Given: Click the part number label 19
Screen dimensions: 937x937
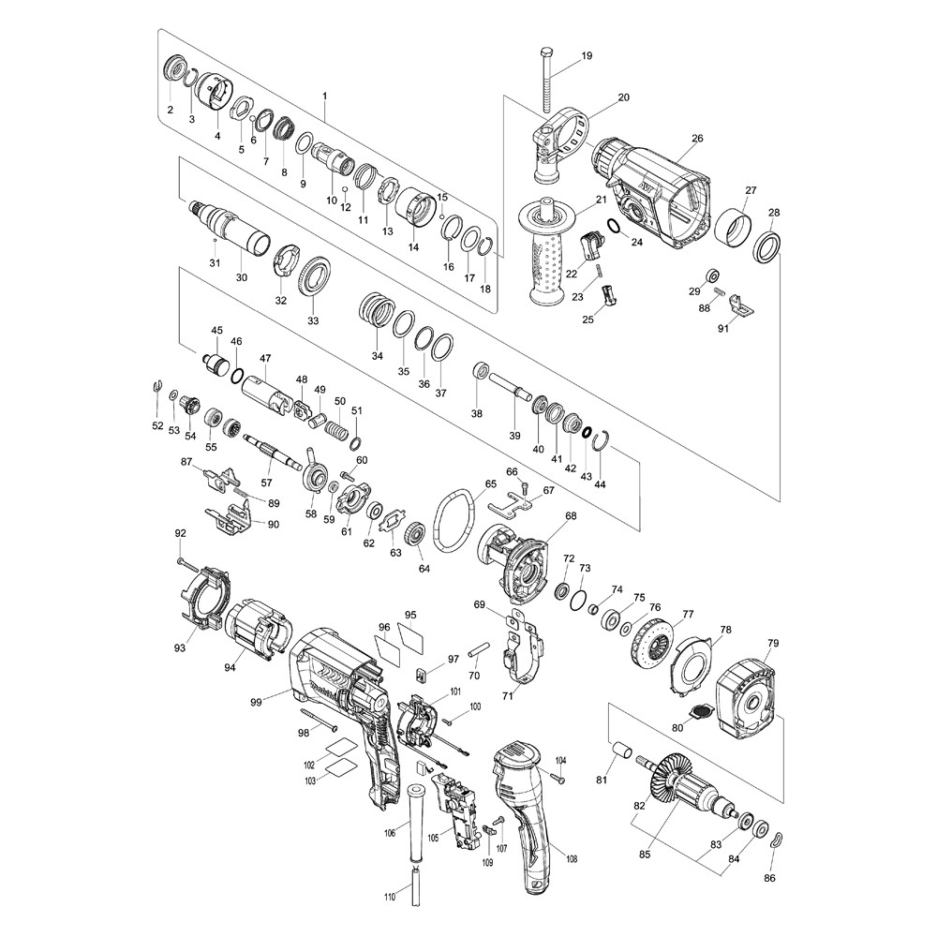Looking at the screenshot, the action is point(587,55).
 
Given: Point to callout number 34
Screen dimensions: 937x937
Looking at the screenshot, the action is point(377,356).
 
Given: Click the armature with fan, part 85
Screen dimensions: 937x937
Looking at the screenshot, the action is point(687,788).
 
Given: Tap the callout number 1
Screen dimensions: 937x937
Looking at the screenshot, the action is point(325,97).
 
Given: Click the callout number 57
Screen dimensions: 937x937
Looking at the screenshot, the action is point(266,482).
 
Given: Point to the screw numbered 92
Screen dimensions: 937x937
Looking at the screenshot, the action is point(187,562).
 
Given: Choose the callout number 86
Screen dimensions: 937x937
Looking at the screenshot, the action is point(769,878).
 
